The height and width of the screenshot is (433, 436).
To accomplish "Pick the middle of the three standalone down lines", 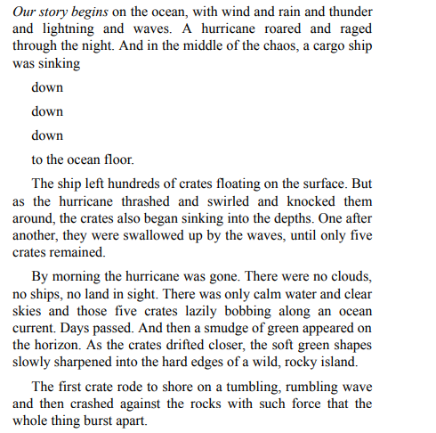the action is [x=47, y=112].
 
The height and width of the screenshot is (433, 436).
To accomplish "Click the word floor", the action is [x=114, y=160].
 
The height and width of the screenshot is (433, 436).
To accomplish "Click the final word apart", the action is [x=129, y=421].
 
